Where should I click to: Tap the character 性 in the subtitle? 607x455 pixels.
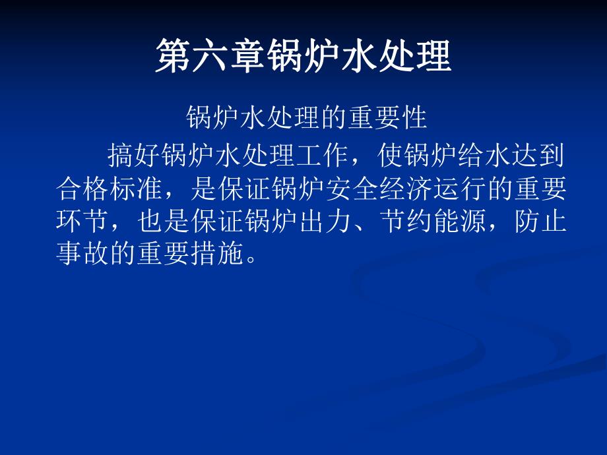[x=415, y=119]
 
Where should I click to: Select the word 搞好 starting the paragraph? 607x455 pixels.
[x=133, y=157]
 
